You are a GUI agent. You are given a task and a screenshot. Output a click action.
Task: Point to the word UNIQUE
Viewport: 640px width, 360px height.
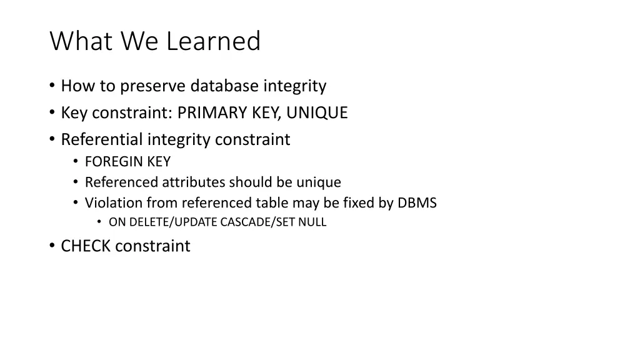click(x=317, y=113)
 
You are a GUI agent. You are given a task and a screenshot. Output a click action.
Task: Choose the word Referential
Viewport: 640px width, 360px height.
click(x=102, y=139)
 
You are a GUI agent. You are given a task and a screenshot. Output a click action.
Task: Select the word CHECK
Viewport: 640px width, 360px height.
click(x=86, y=246)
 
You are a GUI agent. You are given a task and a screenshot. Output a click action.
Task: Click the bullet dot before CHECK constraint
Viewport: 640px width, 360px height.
click(x=52, y=246)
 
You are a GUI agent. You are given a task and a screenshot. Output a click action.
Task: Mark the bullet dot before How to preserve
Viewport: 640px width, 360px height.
click(x=52, y=86)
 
